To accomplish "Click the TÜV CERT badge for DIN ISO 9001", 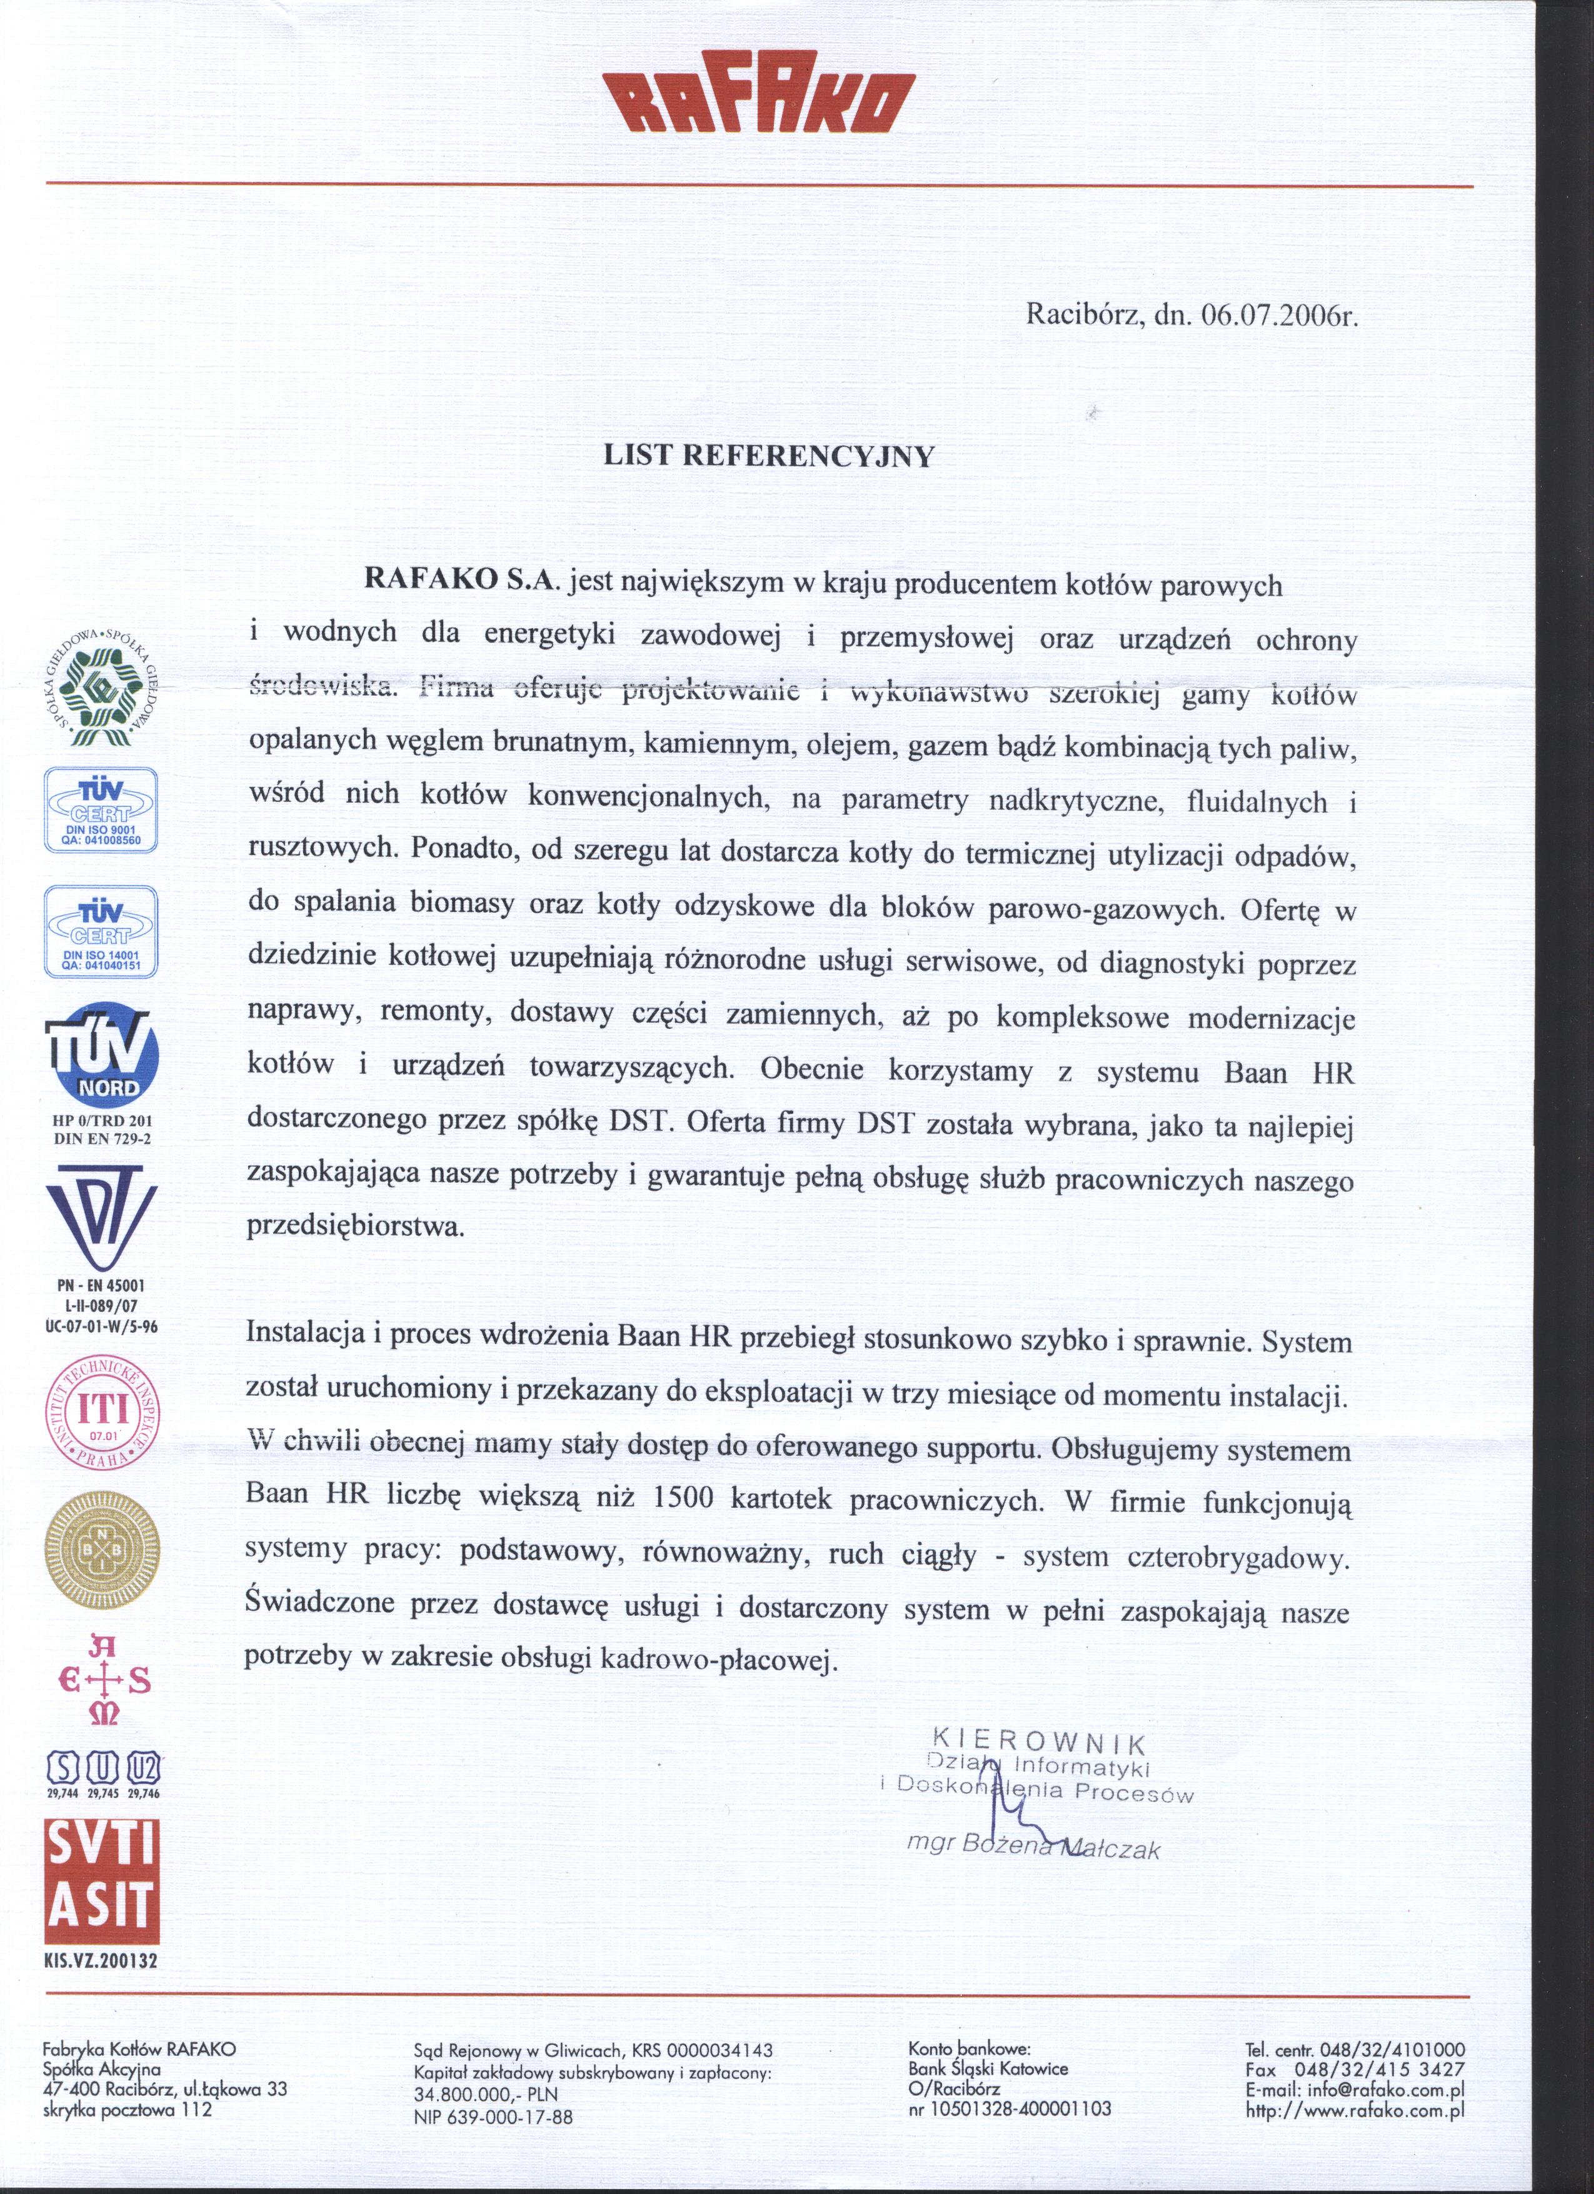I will [101, 809].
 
